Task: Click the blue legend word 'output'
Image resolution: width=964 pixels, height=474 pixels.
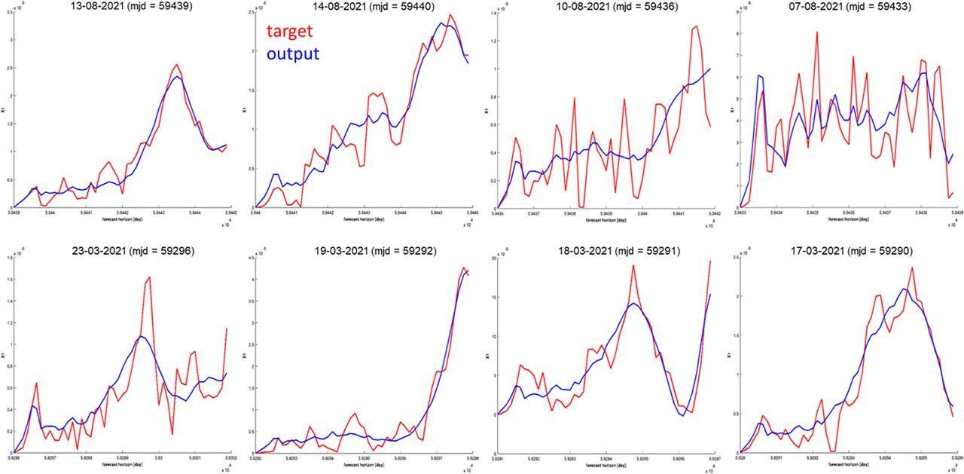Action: tap(293, 54)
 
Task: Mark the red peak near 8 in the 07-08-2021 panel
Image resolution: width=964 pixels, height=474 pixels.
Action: tap(816, 32)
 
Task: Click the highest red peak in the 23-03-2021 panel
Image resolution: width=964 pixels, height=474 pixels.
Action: tap(150, 277)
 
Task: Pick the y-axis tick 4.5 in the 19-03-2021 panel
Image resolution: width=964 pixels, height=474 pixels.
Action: tap(249, 258)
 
